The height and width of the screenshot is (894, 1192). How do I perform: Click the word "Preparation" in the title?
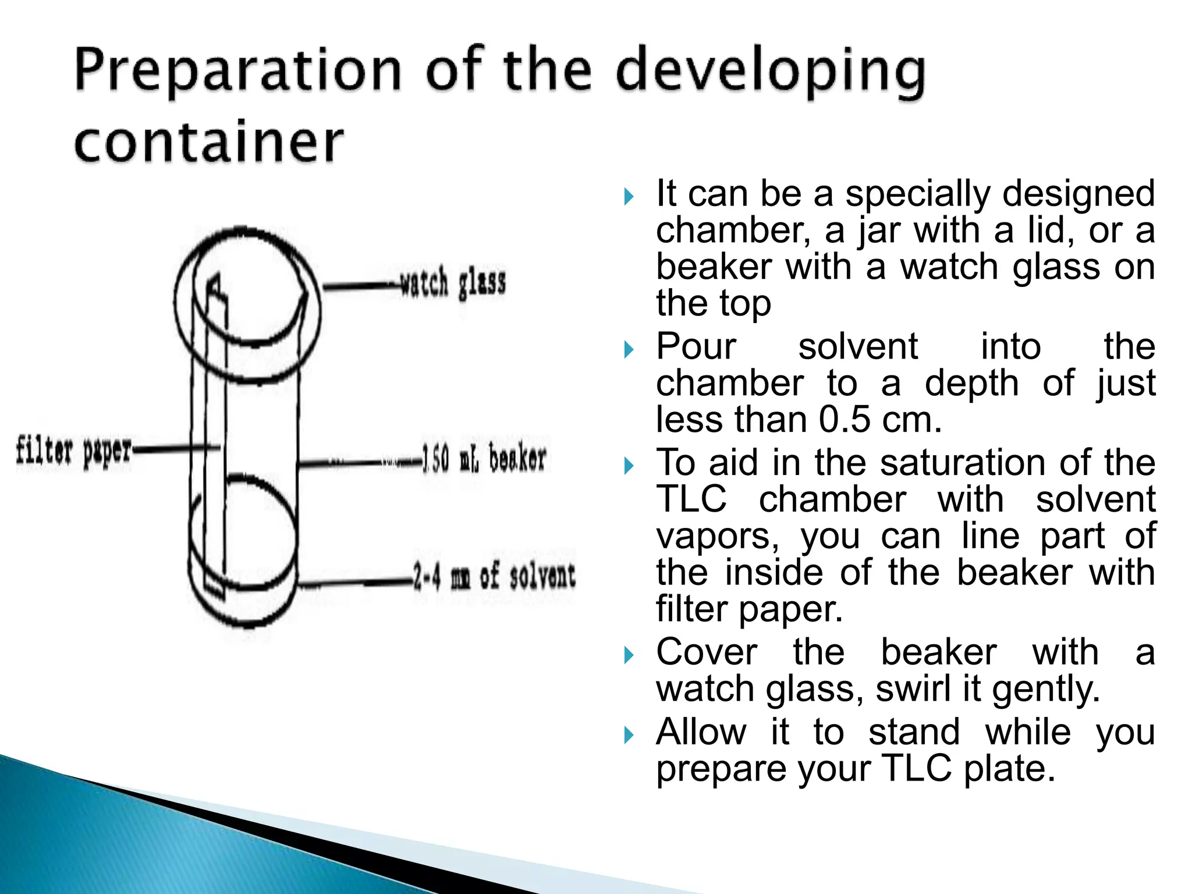237,71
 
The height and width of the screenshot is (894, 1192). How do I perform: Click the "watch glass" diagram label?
453,283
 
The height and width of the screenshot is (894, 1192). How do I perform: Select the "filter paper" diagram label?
73,451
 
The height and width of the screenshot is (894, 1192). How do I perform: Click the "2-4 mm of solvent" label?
494,577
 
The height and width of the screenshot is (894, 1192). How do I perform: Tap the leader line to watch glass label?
361,286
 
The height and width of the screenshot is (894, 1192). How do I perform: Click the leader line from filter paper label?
175,448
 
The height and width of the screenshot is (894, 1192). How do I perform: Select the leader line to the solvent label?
355,582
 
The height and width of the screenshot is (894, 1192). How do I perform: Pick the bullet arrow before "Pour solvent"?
628,349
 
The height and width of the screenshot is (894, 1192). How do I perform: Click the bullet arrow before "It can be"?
628,197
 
